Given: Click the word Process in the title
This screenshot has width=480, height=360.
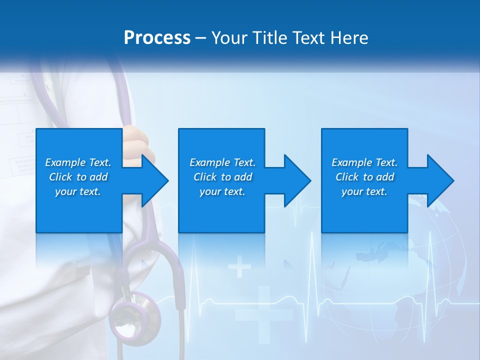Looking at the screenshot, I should click(157, 38).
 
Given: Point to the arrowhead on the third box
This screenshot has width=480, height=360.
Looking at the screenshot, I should click(439, 180).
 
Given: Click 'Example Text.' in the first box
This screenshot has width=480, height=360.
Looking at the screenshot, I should click(78, 162).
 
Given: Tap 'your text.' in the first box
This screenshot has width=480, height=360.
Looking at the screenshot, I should click(78, 191).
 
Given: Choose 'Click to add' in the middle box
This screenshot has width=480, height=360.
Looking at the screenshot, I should click(222, 177).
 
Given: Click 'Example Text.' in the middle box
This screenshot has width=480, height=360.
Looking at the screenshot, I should click(222, 162).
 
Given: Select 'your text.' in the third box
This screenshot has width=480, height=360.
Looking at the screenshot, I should click(364, 191).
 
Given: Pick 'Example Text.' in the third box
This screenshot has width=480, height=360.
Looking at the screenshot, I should click(364, 162).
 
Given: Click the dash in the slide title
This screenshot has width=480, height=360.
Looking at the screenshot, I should click(201, 38).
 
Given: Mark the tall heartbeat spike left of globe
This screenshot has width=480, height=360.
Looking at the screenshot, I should click(312, 270).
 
